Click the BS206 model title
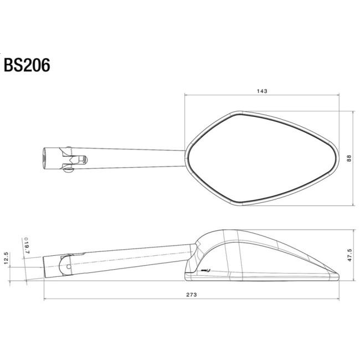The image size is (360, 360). [x=27, y=65]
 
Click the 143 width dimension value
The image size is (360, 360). [x=262, y=91]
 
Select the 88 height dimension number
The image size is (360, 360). [x=349, y=158]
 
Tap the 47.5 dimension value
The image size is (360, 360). [x=349, y=255]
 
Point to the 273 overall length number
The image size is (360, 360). [x=192, y=295]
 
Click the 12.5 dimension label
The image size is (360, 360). [x=6, y=258]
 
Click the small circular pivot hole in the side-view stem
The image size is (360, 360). [x=69, y=266]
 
